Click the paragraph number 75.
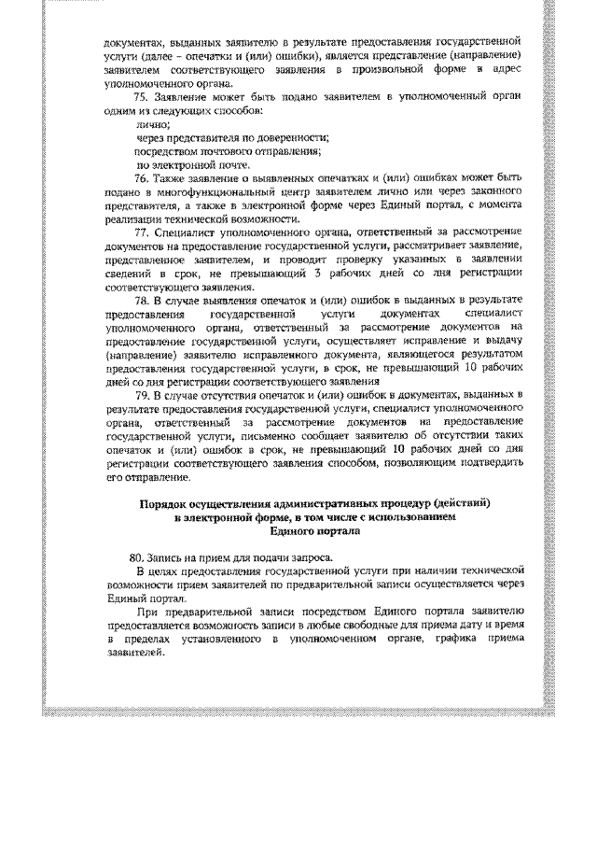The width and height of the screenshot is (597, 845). tap(142, 96)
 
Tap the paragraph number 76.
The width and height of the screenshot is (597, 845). tap(142, 177)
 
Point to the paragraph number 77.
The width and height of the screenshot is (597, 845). tap(142, 232)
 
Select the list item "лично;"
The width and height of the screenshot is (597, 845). tap(153, 123)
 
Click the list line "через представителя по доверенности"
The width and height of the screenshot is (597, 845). tap(220, 137)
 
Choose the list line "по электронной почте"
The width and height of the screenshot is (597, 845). tap(184, 164)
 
